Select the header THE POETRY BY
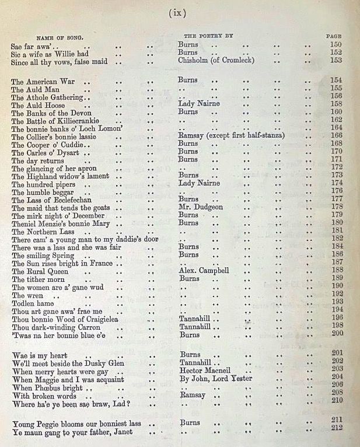(x=208, y=36)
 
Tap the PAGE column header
(x=334, y=36)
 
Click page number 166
(x=336, y=136)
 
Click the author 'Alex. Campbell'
(x=204, y=270)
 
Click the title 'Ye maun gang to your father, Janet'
(x=72, y=432)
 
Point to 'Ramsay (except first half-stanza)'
(x=231, y=136)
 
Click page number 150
(x=336, y=44)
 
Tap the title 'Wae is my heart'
(x=39, y=355)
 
